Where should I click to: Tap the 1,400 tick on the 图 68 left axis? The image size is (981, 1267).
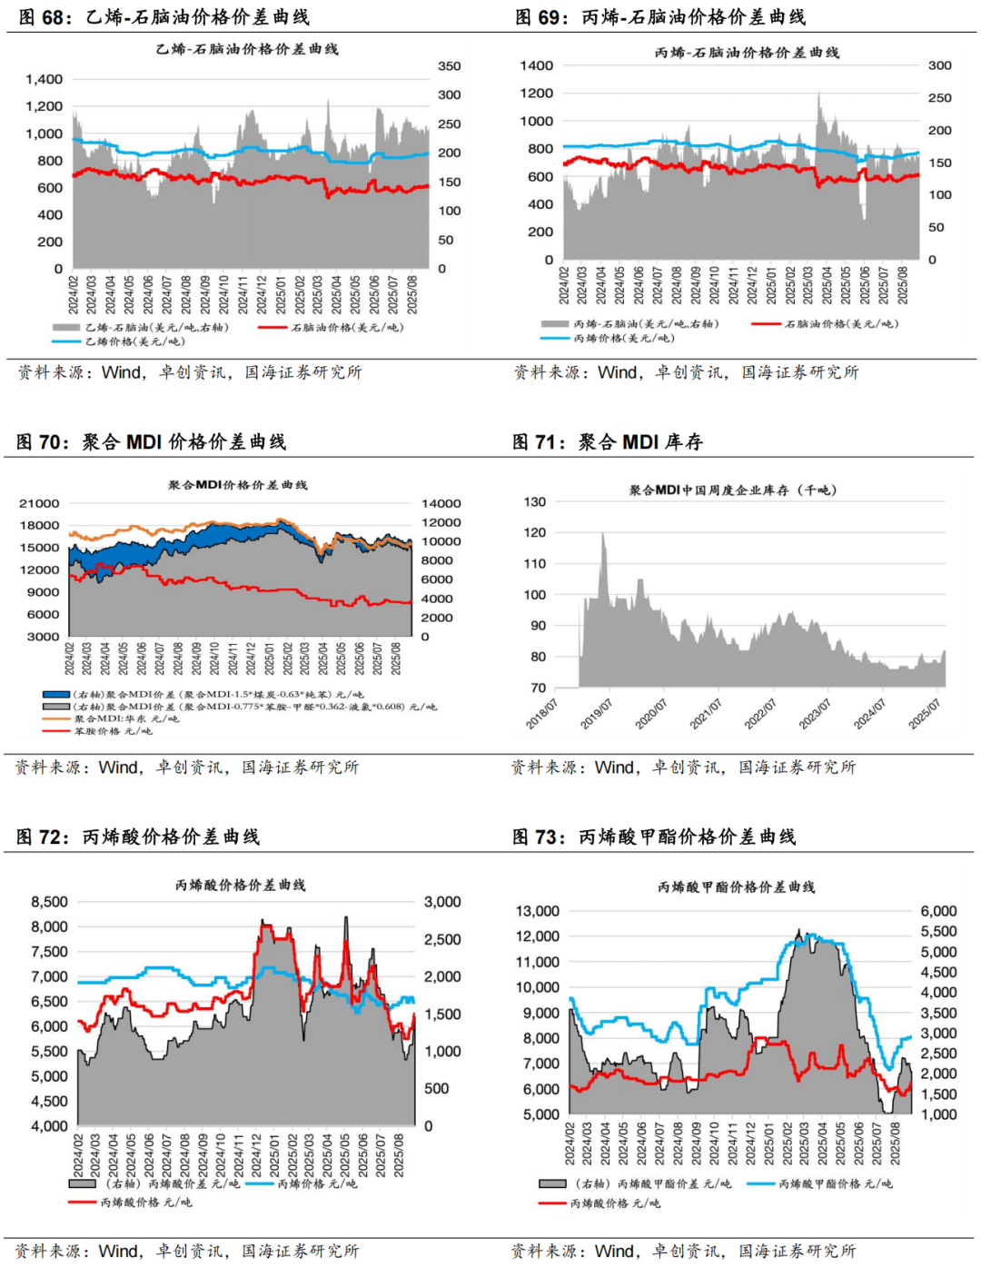[45, 79]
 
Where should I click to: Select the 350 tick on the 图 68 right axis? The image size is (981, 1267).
[449, 66]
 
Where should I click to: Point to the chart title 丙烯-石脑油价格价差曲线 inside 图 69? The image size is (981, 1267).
[747, 53]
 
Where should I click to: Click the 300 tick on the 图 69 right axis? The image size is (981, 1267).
[939, 65]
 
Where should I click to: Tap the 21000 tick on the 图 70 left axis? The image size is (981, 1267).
[39, 503]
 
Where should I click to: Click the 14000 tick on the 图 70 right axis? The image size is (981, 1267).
[441, 503]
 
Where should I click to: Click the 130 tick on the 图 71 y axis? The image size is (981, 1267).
[535, 501]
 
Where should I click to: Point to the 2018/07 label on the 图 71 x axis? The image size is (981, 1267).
[542, 715]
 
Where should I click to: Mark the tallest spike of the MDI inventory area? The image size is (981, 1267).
[602, 535]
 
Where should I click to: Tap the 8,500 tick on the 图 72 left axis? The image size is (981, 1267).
[49, 902]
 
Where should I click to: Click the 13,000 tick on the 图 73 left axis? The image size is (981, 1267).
[538, 911]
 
